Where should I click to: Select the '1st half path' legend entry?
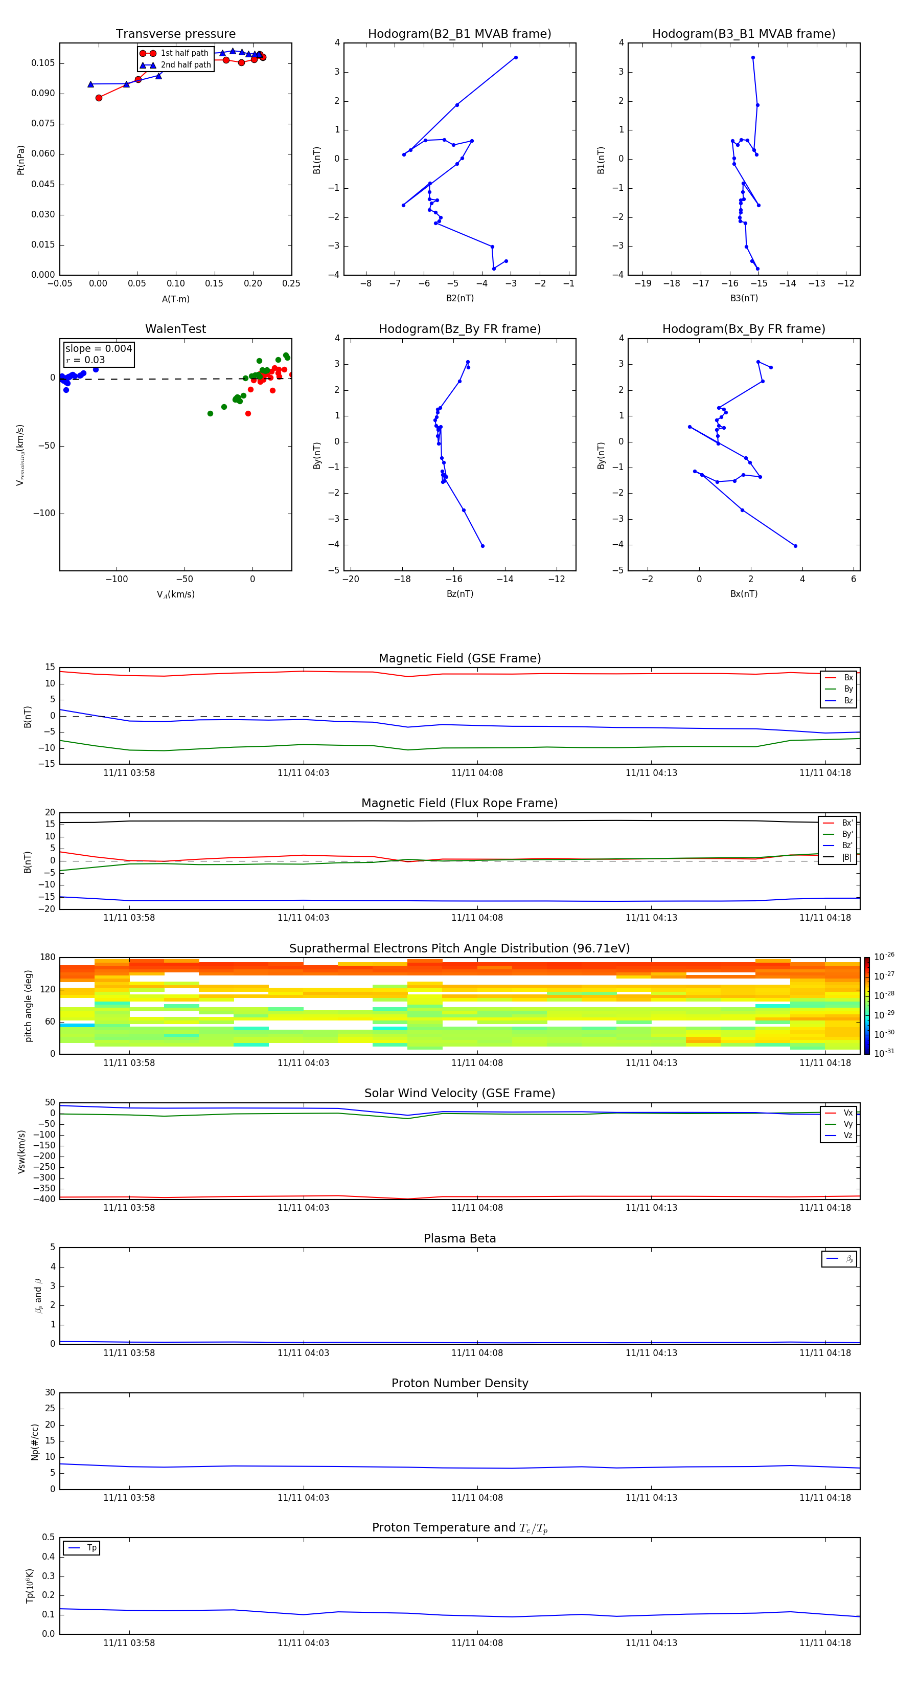(x=184, y=53)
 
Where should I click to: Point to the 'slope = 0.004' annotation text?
(x=98, y=349)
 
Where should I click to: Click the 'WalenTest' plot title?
(x=175, y=329)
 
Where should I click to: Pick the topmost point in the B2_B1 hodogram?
(x=515, y=58)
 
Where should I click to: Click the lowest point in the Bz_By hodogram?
(x=482, y=546)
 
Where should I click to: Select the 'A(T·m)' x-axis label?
(x=175, y=299)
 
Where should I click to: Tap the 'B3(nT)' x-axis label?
(x=744, y=298)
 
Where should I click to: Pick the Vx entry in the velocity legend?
(x=847, y=1113)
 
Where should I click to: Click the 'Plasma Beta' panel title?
(x=459, y=1238)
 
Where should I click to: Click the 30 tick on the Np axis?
(x=50, y=1392)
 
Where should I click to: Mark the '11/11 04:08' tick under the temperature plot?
(x=477, y=1643)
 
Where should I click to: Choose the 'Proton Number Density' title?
(x=459, y=1383)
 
